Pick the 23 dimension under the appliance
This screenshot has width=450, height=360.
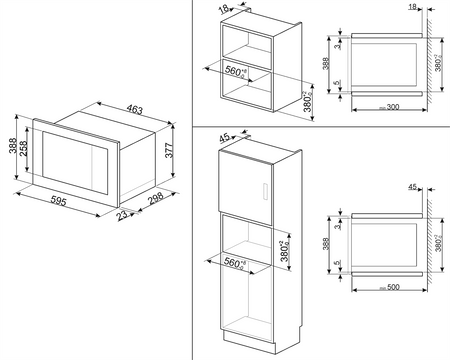pos(123,214)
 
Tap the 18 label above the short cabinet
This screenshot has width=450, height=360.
pos(225,8)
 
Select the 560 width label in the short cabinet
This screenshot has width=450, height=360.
pos(234,73)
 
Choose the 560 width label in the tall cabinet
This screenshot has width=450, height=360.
pos(233,263)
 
